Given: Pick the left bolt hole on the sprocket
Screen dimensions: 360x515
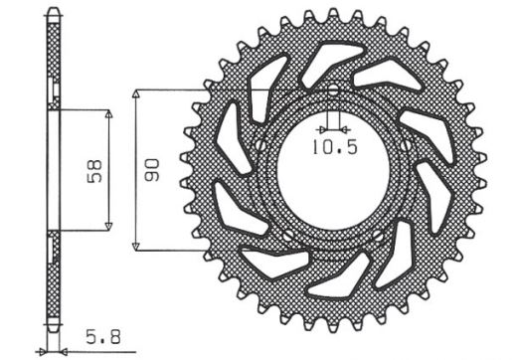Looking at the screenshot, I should (260, 144).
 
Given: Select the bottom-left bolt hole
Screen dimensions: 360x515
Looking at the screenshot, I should (288, 236).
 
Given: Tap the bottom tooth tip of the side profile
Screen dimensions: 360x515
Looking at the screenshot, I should (54, 329).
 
